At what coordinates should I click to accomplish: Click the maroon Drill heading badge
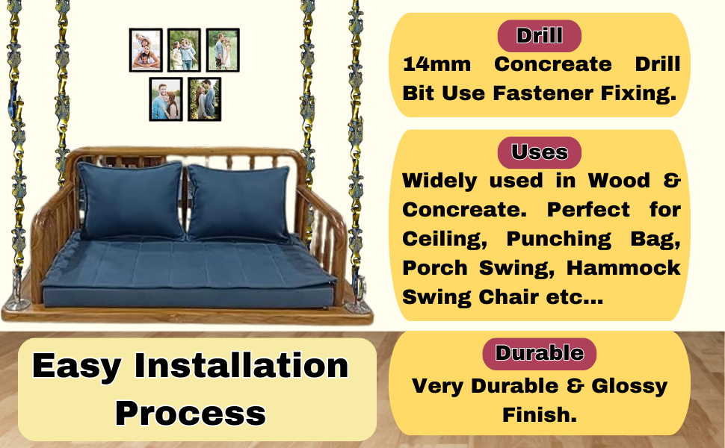[x=539, y=36]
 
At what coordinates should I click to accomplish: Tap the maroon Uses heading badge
[x=539, y=152]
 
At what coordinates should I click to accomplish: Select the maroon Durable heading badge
[x=539, y=354]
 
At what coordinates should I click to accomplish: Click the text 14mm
[x=436, y=64]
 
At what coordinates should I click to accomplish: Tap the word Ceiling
[x=444, y=239]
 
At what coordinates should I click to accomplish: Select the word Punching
[x=558, y=240]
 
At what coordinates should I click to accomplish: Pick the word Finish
[x=540, y=414]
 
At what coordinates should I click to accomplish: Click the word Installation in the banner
[x=241, y=366]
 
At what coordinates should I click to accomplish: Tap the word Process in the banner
[x=191, y=414]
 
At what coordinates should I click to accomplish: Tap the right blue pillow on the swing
[x=239, y=203]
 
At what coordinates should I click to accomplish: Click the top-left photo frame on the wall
[x=146, y=50]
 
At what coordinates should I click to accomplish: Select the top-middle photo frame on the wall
[x=184, y=50]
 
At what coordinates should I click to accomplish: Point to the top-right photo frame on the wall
[x=223, y=50]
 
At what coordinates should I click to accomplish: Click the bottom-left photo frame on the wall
[x=165, y=99]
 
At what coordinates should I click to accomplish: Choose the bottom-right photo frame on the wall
[x=204, y=99]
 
